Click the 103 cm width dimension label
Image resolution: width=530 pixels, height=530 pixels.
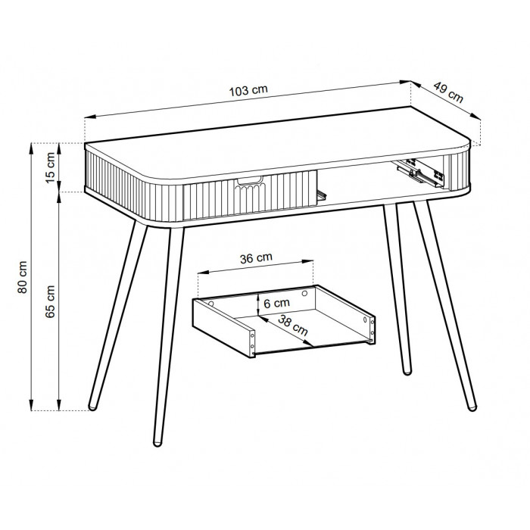(x=248, y=90)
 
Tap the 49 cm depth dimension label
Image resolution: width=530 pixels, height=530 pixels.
(x=448, y=92)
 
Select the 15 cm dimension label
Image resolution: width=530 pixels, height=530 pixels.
(x=50, y=167)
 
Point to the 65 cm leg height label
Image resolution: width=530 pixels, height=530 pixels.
(x=50, y=301)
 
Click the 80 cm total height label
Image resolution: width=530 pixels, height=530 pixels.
(x=22, y=277)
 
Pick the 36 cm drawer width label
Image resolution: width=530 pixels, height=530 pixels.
(x=256, y=258)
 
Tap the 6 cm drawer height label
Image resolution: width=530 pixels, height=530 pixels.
(x=277, y=303)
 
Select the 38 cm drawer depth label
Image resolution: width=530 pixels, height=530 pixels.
(x=293, y=325)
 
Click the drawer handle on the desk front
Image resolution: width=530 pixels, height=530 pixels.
(x=250, y=181)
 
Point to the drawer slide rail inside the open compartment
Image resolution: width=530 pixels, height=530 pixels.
(x=419, y=172)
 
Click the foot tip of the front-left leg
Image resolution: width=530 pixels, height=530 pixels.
(x=157, y=442)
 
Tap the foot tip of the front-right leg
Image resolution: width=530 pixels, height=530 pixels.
(x=472, y=407)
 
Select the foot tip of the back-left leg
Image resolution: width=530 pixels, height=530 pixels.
(x=92, y=407)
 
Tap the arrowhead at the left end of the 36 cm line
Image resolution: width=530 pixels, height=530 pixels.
(x=204, y=272)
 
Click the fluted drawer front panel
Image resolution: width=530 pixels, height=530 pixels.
(x=250, y=194)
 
